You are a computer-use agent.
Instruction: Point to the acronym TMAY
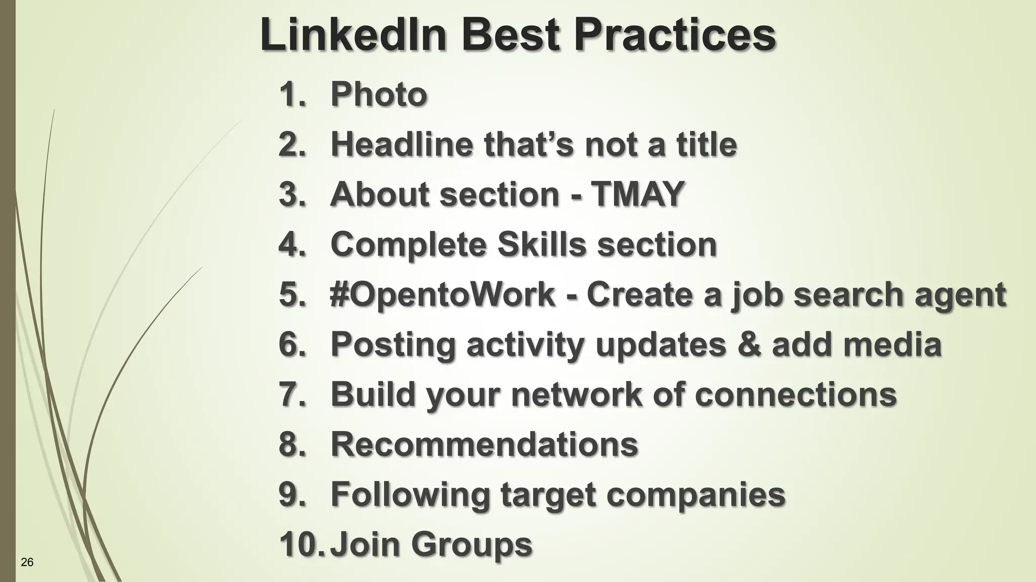tap(638, 194)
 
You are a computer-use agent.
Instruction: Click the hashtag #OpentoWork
tap(442, 294)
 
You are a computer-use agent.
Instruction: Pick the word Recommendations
tap(484, 444)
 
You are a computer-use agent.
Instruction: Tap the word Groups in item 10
tap(471, 545)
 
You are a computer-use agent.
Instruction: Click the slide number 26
tap(27, 562)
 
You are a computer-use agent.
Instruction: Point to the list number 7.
tap(292, 394)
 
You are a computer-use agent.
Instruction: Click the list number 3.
tap(292, 194)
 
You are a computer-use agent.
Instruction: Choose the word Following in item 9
tap(410, 495)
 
